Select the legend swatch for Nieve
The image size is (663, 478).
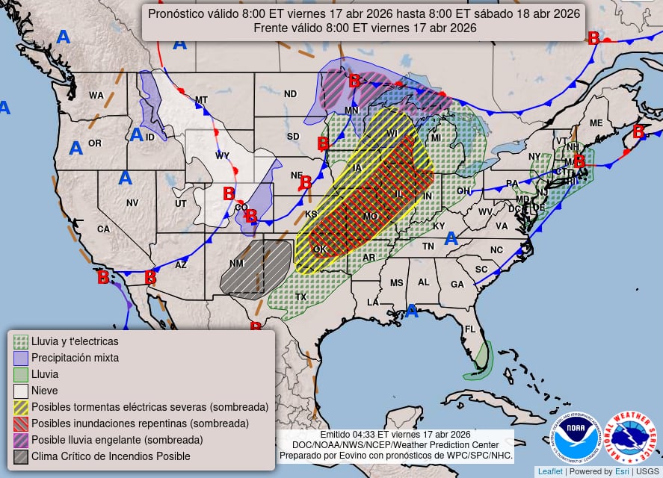coord(21,391)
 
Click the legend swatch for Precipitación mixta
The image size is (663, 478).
coord(21,358)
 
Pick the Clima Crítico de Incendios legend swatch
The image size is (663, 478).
coord(21,456)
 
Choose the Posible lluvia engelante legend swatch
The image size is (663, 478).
coord(21,440)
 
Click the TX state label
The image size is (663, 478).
coord(301,297)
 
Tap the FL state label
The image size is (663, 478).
coord(470,329)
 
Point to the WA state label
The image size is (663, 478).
coord(96,96)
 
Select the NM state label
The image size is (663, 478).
coord(236,264)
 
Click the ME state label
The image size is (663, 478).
coord(596,123)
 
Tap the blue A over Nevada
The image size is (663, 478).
coord(125,178)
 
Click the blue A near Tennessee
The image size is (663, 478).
coord(451,238)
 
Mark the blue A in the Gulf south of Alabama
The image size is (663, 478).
coord(411,311)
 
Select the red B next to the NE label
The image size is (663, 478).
coord(306,181)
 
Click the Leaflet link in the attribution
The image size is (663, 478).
coord(549,471)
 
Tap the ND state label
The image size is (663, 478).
coord(290,94)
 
